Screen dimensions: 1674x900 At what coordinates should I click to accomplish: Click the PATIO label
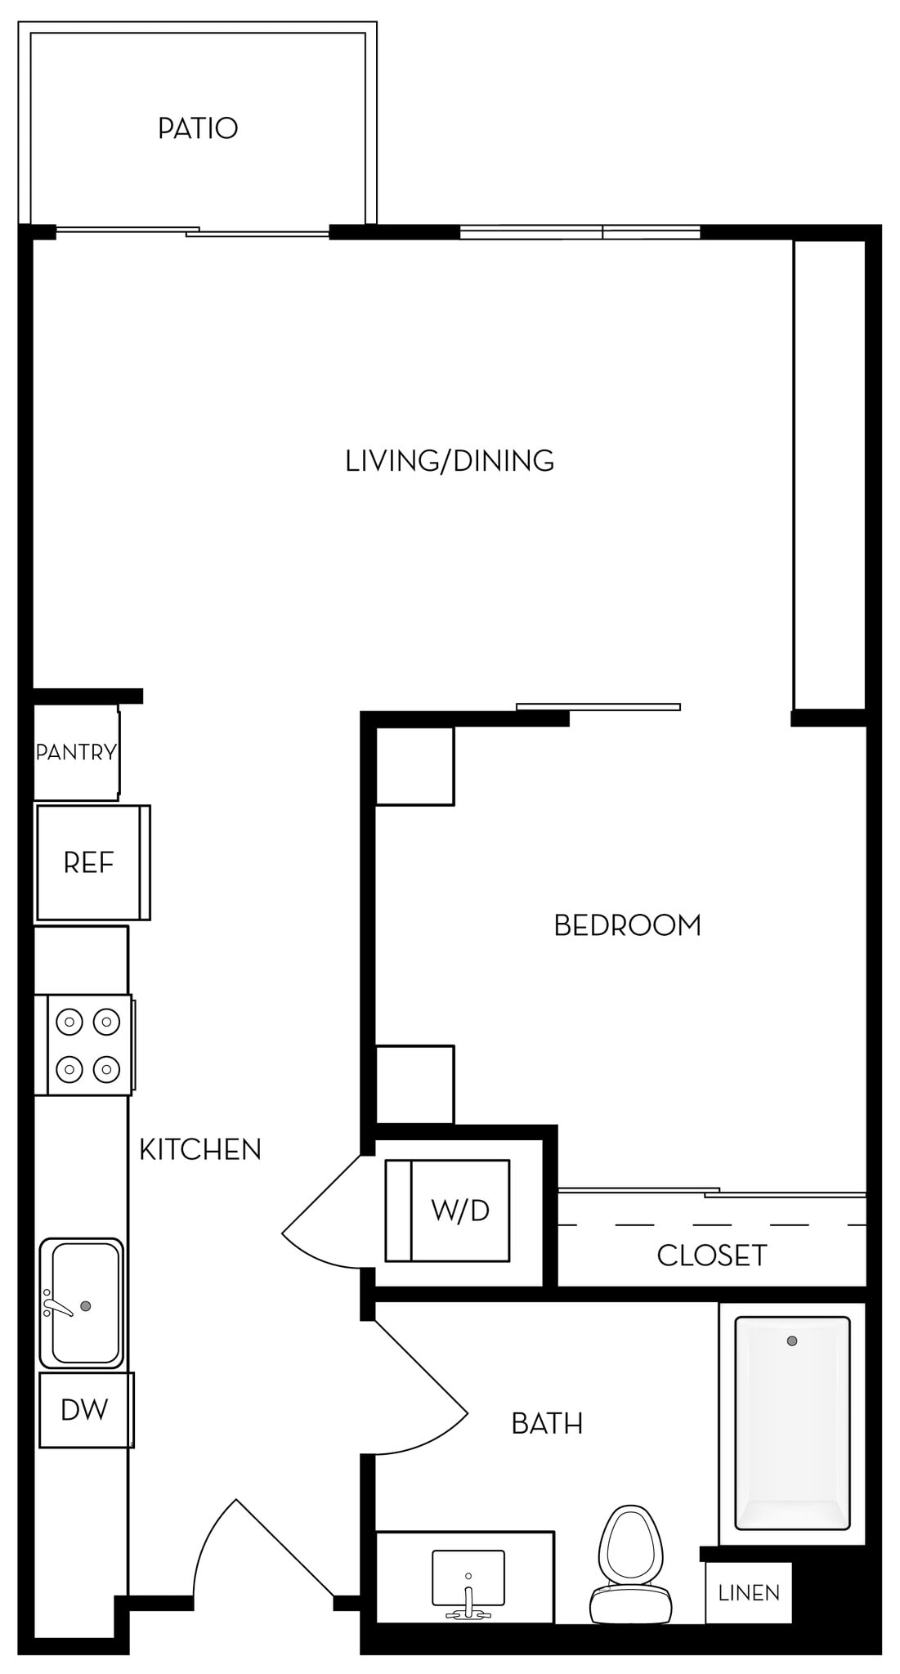tap(198, 128)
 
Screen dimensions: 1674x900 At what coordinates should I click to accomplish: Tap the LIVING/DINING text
tap(450, 461)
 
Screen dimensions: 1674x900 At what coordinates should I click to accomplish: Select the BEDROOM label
tap(627, 925)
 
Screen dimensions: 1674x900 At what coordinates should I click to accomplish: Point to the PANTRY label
tap(76, 752)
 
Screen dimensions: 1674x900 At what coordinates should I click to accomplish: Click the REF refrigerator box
tap(90, 862)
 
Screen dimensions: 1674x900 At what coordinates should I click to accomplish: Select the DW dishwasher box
tap(85, 1409)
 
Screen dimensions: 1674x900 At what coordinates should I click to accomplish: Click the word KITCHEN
tap(199, 1150)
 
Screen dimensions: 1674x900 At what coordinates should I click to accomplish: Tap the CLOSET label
tap(711, 1255)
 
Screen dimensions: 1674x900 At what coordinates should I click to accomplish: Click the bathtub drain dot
tap(791, 1341)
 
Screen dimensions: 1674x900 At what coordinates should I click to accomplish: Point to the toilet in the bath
tap(629, 1566)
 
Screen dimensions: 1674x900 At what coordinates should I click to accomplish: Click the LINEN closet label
tap(749, 1593)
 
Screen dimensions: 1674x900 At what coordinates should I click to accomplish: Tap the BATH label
tap(547, 1424)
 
